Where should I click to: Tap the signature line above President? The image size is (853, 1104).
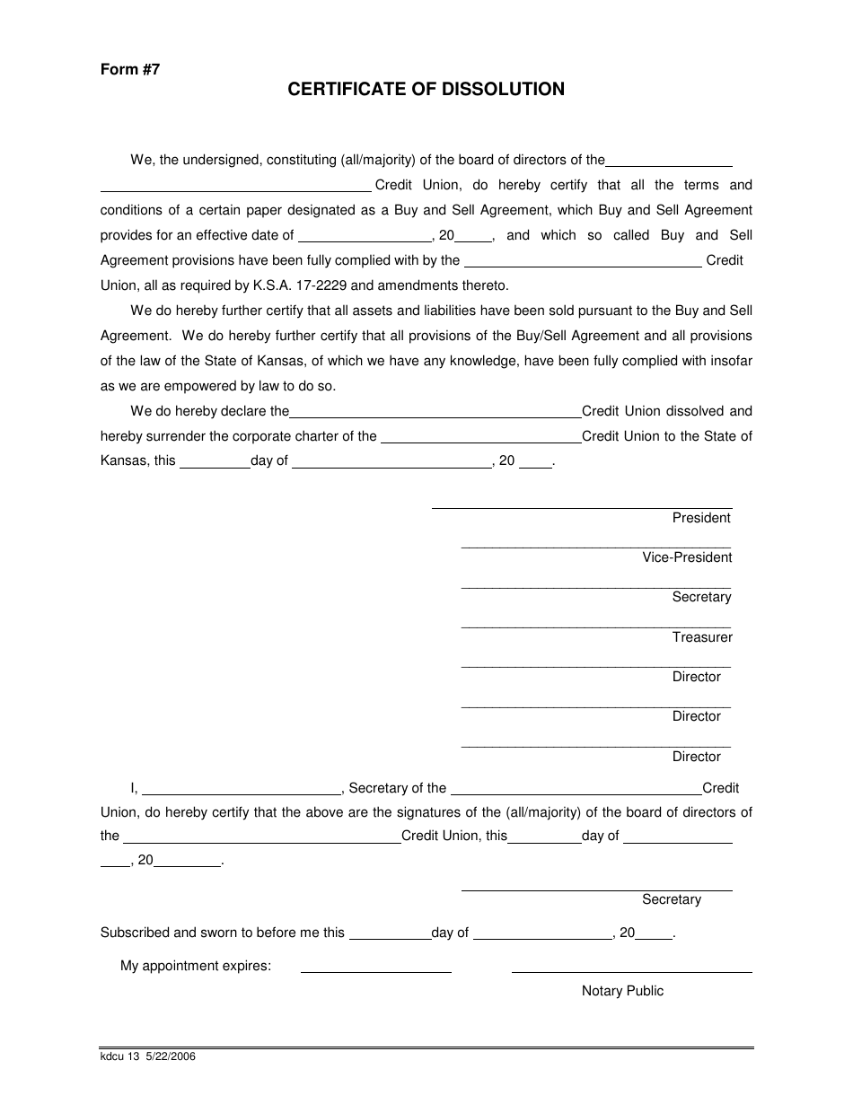click(x=581, y=507)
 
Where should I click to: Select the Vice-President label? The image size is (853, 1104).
click(x=687, y=557)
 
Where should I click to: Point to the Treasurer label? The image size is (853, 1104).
click(x=702, y=637)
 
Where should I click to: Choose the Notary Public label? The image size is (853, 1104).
click(x=622, y=991)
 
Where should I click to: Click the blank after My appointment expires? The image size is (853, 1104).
click(x=375, y=971)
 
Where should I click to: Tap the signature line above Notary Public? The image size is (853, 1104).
click(x=631, y=971)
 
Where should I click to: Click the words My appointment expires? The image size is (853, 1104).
click(x=196, y=967)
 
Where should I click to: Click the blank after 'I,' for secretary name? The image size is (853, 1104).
click(x=242, y=794)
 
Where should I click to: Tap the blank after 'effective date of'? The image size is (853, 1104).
click(x=364, y=241)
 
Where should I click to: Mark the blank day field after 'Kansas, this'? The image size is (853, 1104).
click(x=215, y=468)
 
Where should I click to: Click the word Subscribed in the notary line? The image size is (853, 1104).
click(x=135, y=933)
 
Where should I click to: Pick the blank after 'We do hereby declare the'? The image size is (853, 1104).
click(x=435, y=417)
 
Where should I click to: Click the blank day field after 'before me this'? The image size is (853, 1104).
click(x=389, y=939)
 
